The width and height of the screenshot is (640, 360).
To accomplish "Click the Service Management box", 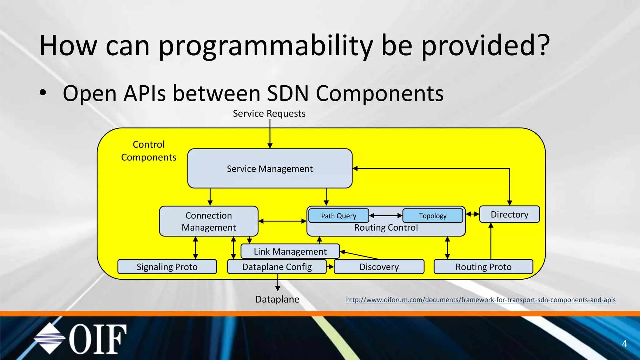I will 270,168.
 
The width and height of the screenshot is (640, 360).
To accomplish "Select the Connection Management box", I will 208,221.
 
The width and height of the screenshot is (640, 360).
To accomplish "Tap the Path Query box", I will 338,216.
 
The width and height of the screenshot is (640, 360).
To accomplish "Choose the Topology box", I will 432,216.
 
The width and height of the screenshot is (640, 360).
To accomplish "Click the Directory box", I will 509,214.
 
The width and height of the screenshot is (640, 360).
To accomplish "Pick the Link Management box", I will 290,251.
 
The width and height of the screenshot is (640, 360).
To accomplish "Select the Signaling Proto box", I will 167,267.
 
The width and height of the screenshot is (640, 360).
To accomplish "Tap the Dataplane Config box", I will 277,267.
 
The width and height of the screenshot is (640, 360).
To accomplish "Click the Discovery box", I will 379,267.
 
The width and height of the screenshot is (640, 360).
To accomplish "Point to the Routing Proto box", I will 483,267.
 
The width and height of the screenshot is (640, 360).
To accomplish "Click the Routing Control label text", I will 386,228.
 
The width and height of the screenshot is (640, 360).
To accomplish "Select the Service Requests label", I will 269,113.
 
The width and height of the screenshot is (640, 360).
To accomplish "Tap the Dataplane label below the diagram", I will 277,299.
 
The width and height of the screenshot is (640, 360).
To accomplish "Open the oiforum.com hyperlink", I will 481,300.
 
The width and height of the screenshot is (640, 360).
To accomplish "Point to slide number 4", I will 624,344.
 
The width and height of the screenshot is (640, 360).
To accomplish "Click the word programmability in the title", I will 266,46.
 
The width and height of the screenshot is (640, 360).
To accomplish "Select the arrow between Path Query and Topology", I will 386,215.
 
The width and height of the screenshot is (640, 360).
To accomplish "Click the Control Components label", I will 148,151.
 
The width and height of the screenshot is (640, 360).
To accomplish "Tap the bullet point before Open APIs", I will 43,93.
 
